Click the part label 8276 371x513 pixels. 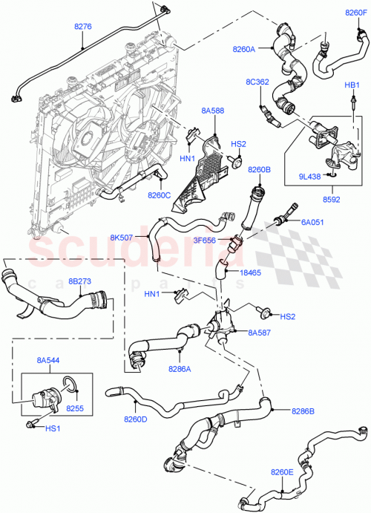tap(83, 27)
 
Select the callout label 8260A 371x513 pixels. tap(244, 49)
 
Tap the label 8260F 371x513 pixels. tap(355, 13)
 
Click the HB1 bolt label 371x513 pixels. tap(352, 86)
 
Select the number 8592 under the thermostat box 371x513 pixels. tap(331, 200)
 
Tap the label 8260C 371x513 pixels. tap(160, 195)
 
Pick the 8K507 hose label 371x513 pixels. tap(122, 238)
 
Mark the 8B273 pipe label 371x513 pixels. tap(80, 282)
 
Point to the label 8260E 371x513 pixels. tap(283, 471)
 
